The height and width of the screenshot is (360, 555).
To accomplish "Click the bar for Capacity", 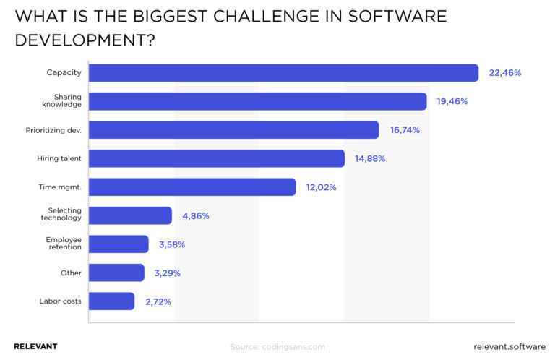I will pos(283,73).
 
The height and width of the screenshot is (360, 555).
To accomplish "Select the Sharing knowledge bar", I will pos(257,101).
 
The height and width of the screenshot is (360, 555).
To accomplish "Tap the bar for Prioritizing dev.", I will pos(233,130).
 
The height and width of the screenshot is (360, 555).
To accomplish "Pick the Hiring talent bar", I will pos(216,158).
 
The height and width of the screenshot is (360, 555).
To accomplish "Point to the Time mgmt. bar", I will pos(192,187).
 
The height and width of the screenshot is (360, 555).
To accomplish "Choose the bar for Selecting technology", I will pos(130,215).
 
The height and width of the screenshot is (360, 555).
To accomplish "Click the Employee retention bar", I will pos(119,244).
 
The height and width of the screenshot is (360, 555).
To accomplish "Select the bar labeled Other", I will pos(116,273).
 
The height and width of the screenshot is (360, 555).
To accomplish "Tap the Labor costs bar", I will pos(111,301).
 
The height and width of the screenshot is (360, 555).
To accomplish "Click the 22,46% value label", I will pos(504,73).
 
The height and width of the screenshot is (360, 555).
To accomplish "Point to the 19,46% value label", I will pos(452,101).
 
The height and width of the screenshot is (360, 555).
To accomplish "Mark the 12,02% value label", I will pos(321,187).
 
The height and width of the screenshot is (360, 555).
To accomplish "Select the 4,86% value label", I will pos(195,215).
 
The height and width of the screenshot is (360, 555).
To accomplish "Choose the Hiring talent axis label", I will pos(59,158).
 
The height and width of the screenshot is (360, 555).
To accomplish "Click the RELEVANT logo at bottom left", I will pos(35,346).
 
